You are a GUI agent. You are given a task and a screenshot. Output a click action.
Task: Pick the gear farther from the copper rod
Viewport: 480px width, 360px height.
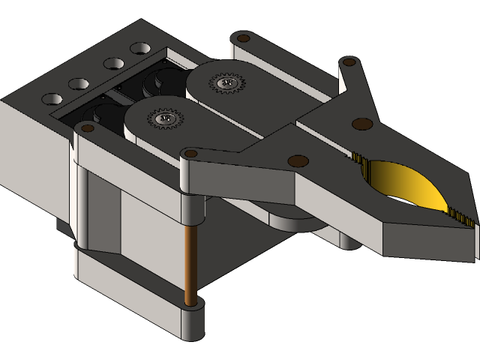(x=226, y=82)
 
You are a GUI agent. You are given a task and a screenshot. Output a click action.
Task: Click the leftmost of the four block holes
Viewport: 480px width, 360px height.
(x=52, y=99)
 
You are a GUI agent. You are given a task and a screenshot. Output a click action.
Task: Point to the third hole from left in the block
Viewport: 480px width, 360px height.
(x=114, y=64)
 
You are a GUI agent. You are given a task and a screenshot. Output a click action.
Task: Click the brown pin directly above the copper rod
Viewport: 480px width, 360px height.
(x=190, y=154)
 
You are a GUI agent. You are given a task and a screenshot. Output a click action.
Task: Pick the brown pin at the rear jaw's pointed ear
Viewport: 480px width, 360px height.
(x=349, y=63)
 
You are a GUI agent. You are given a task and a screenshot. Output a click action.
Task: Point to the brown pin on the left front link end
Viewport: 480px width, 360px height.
(x=87, y=128)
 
